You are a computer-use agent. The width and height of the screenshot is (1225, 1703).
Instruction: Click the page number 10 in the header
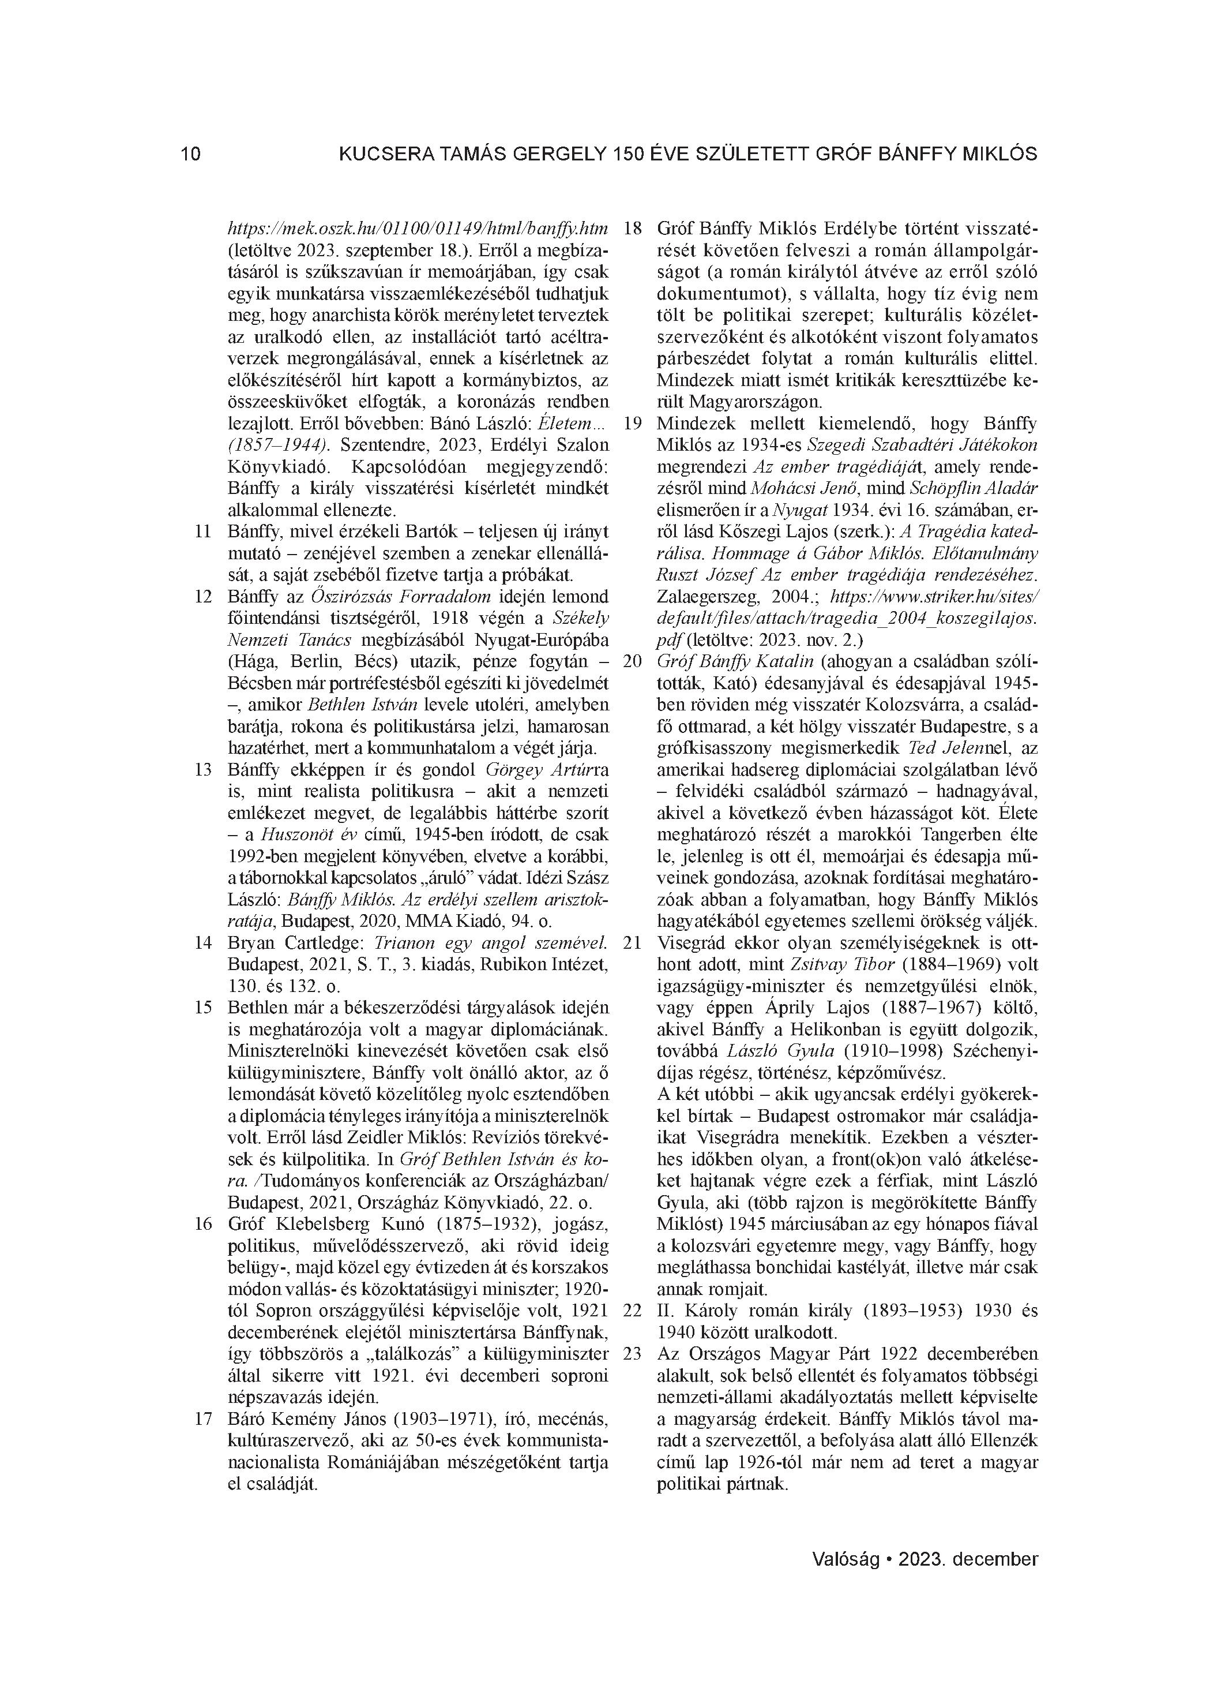click(x=191, y=155)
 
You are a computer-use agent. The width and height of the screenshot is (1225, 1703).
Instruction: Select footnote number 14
click(x=202, y=943)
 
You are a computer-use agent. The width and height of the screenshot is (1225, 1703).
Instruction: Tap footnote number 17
click(x=202, y=1419)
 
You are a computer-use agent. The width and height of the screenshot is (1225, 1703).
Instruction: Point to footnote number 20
click(x=633, y=661)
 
